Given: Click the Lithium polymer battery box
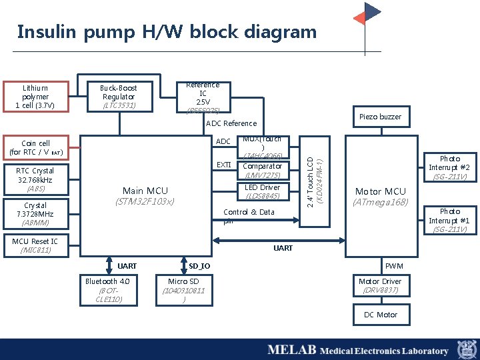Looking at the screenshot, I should (x=35, y=97).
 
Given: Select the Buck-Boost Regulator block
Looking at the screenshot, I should (x=119, y=97).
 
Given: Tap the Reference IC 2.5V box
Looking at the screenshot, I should (x=203, y=97).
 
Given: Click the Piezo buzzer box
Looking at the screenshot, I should (x=380, y=117).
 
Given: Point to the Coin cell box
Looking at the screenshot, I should (x=35, y=148).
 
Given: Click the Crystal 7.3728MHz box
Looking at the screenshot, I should (x=35, y=214).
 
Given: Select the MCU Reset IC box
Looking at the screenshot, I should (x=35, y=245).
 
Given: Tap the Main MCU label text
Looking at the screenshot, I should (x=145, y=191).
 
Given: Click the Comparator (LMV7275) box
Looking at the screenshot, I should (x=263, y=171).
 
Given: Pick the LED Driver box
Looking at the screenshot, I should (x=263, y=191).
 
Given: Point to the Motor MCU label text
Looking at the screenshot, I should (x=380, y=191).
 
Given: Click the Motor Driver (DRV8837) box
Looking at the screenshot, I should (x=380, y=285).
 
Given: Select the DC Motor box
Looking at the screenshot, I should (x=380, y=315).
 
